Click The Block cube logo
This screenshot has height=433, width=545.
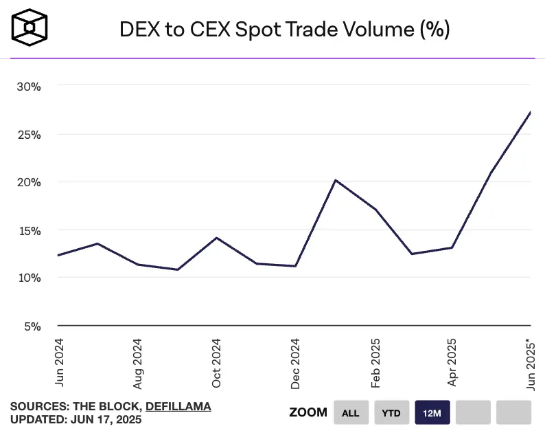[30, 28]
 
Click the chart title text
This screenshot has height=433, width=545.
[285, 30]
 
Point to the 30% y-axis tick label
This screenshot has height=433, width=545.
[30, 87]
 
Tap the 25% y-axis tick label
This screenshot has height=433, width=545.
[30, 135]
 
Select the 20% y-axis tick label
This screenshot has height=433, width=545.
[30, 182]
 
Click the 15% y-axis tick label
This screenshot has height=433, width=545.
[30, 230]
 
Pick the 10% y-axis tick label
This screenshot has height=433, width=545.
[30, 278]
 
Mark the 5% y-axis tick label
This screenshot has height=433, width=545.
[32, 326]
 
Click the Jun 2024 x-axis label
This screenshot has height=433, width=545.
[58, 362]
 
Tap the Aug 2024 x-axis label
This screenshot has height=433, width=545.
[137, 362]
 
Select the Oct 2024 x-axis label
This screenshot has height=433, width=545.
[216, 362]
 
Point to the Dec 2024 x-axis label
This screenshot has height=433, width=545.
[295, 362]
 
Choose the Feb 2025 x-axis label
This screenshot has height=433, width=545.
[375, 362]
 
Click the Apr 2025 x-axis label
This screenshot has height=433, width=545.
[453, 362]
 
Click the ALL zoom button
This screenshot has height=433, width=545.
[351, 412]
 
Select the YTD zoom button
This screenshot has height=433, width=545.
[391, 412]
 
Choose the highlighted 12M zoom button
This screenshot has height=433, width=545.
[432, 412]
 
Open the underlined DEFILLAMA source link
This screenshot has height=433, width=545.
[178, 406]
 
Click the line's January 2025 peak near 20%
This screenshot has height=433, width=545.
[335, 180]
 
